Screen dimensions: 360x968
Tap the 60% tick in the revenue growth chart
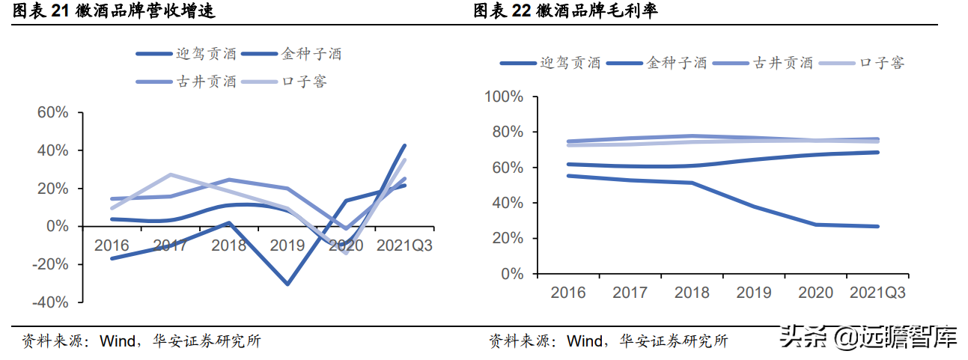click(52, 112)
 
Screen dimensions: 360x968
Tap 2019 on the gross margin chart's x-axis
click(754, 293)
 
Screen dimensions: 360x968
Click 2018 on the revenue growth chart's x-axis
click(228, 245)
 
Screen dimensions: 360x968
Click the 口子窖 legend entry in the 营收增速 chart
click(304, 82)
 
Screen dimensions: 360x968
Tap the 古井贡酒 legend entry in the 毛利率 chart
click(783, 63)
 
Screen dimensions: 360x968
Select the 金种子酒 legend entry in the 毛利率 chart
click(677, 63)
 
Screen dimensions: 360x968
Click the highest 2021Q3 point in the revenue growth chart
click(405, 145)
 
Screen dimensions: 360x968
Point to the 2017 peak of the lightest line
click(171, 174)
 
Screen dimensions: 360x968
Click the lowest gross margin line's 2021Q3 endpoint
click(877, 226)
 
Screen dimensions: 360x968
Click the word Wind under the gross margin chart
click(584, 341)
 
